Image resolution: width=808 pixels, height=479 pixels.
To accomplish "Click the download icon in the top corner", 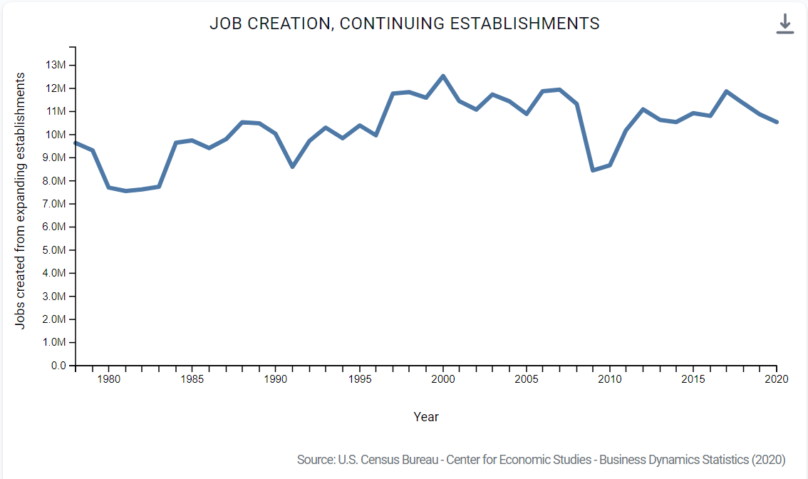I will pos(784,24).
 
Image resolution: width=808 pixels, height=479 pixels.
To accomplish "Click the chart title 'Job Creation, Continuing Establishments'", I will pos(404,24).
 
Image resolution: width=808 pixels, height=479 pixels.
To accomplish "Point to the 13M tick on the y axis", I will pos(56,66).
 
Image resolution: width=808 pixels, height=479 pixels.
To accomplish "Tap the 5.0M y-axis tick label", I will pos(56,250).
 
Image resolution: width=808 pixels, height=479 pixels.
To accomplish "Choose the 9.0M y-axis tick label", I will pos(56,158).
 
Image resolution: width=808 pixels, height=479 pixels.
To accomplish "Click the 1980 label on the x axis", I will pos(109,379).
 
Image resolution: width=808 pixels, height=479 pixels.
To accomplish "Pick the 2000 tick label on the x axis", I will pos(443,379).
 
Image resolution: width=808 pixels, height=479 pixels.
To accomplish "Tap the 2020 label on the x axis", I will pos(777,379).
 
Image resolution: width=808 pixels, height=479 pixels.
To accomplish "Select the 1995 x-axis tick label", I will pos(360,379).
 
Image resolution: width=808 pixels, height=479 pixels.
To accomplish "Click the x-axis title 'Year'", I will pos(426,417).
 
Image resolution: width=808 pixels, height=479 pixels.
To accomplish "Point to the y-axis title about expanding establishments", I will pos(21,200).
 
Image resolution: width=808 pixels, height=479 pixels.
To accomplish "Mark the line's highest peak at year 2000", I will pos(443,76).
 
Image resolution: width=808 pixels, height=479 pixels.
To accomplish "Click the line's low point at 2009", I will pos(593,170).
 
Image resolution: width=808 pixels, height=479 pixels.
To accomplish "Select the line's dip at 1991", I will pos(293,167).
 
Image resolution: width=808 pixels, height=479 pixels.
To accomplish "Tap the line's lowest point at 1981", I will pos(126,191).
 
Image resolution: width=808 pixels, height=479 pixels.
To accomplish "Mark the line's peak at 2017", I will pos(726,91).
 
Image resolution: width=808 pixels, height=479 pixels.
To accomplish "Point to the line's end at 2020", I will pos(777,122).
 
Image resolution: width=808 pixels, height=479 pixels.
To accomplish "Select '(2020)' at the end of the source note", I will pos(769,460).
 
